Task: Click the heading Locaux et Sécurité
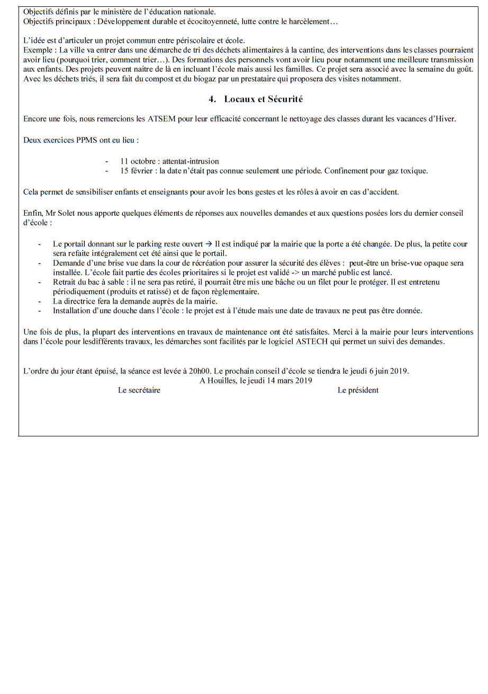263,99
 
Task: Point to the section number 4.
212,99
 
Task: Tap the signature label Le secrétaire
139,390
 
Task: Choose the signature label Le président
358,390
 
